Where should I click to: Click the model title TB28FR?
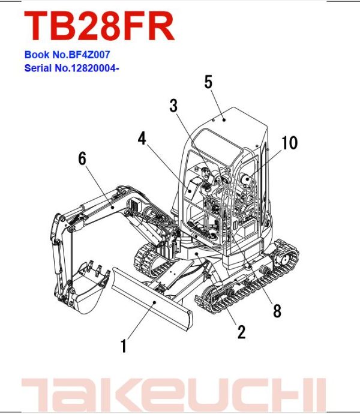pos(99,27)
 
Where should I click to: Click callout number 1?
pos(124,346)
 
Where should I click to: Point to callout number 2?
pos(241,332)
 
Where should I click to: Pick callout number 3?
pos(173,107)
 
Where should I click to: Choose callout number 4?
pos(142,139)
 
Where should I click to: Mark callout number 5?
pos(208,82)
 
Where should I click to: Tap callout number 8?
pos(277,311)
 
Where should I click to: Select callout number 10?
pos(289,143)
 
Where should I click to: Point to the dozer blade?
pos(150,300)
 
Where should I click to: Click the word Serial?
pos(37,68)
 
